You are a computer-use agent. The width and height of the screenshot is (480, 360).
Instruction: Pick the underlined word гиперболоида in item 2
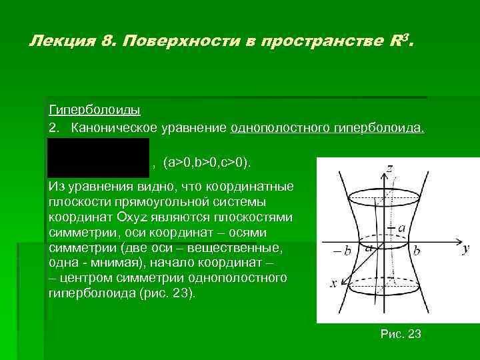pos(381,127)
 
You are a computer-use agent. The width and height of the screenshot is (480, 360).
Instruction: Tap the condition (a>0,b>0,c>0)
pos(207,163)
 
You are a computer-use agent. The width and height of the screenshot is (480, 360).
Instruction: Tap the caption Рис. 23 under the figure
pos(400,334)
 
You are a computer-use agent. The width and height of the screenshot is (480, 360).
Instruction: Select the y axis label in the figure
pos(465,249)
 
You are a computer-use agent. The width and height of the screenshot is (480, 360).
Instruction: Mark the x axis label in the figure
pos(333,283)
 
